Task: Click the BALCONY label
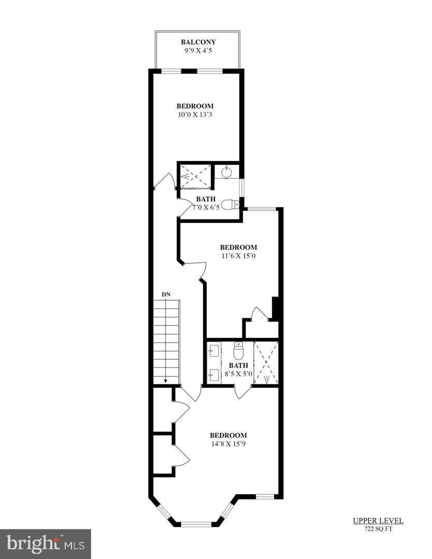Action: tap(198, 42)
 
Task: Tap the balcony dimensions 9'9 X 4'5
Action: tap(198, 51)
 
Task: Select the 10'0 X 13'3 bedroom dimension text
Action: tap(195, 115)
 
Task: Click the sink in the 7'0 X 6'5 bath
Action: tap(226, 172)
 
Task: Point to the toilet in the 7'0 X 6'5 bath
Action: tap(230, 205)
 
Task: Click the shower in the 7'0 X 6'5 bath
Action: tap(194, 176)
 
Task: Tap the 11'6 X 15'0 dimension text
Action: tap(238, 256)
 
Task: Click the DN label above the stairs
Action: tap(166, 295)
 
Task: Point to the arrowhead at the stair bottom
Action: tap(166, 381)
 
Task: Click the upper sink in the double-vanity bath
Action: tap(214, 349)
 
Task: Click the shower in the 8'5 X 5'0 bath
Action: tap(265, 363)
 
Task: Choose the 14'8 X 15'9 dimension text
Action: tap(228, 444)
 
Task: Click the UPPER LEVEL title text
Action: tap(378, 521)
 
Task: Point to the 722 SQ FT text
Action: tap(378, 528)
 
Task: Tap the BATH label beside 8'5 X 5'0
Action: tap(238, 365)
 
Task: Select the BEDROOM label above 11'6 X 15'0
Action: tap(238, 247)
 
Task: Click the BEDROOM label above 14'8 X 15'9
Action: tap(228, 435)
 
